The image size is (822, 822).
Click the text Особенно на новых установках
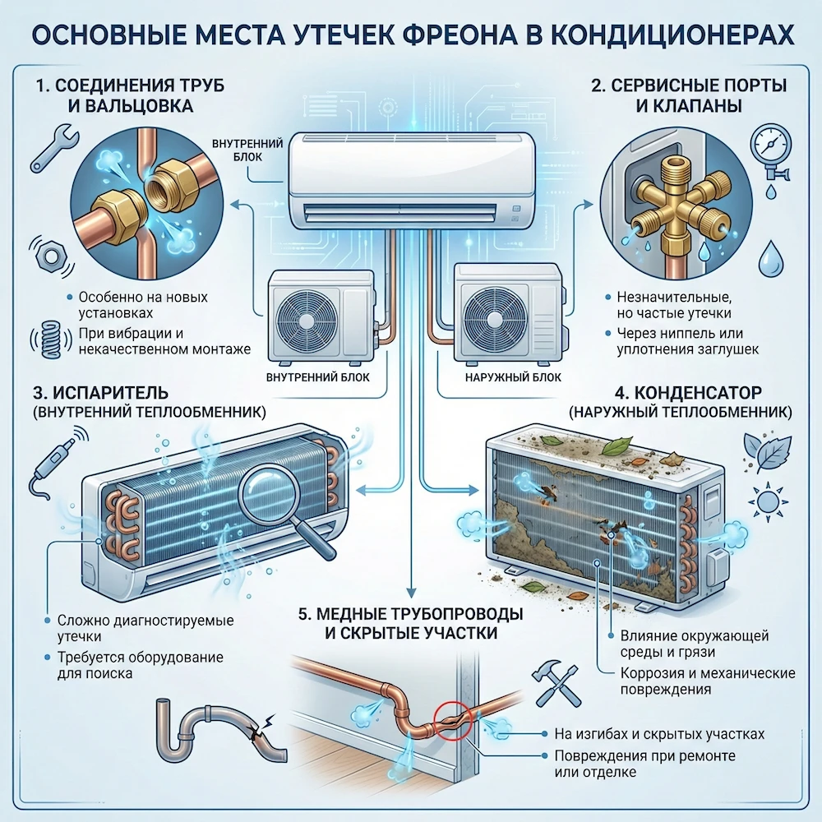pyautogui.click(x=144, y=305)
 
